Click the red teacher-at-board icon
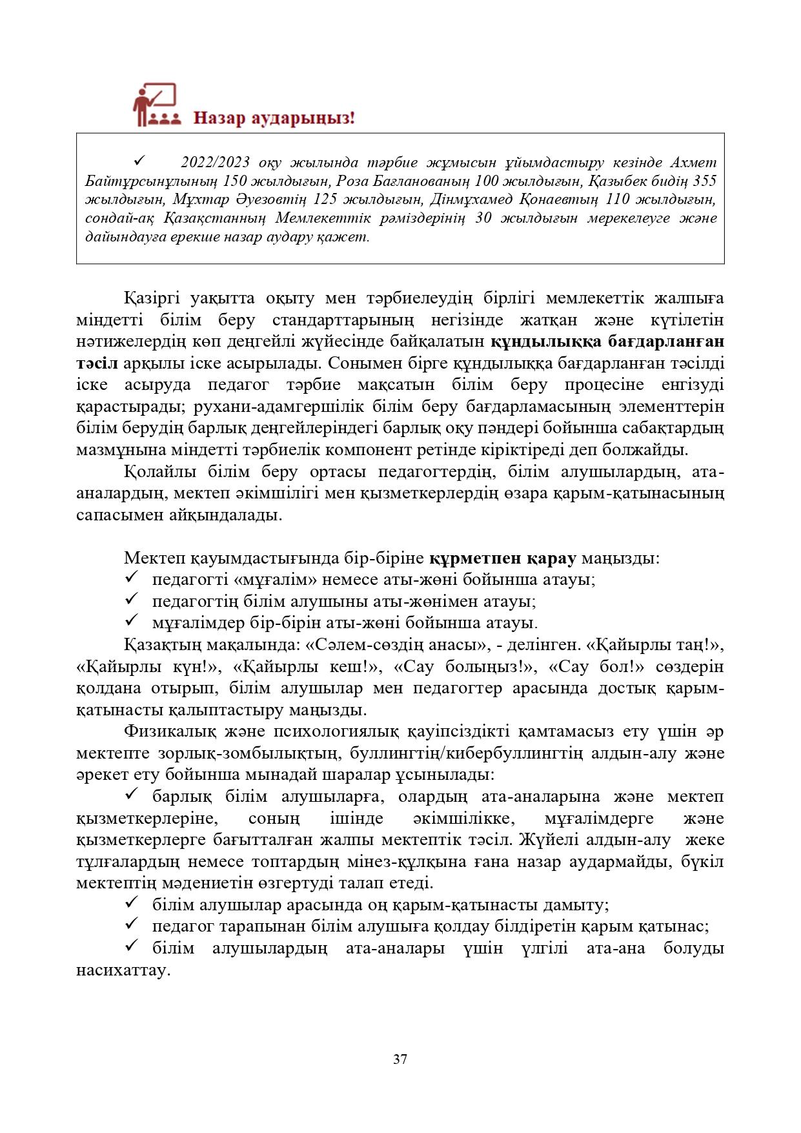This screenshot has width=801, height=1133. coord(154,105)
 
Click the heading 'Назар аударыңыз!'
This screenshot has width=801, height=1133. coord(274,118)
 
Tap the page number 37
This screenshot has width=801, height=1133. coord(400,1059)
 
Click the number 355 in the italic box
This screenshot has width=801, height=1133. coord(702,181)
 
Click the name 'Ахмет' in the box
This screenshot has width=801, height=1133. coord(693,162)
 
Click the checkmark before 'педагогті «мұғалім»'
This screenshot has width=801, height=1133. coord(132,578)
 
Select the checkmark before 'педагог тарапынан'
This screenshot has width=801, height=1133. coord(132,926)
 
